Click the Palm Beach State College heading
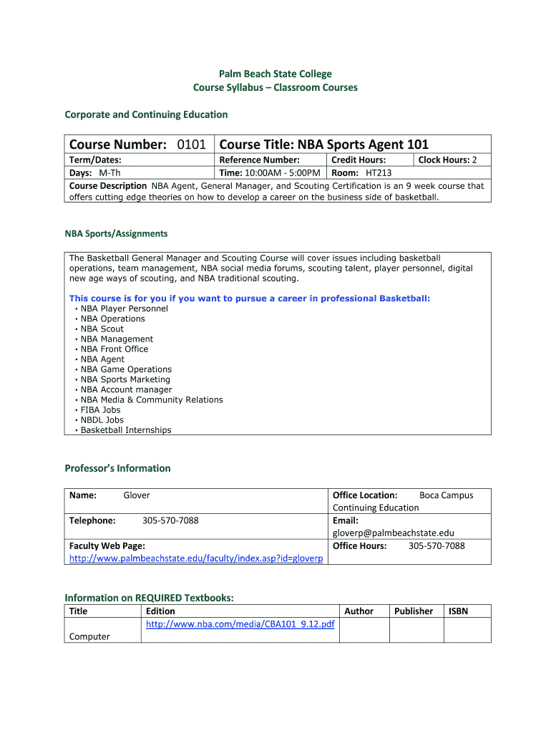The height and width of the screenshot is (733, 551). [x=275, y=74]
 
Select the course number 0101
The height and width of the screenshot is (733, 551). [x=192, y=145]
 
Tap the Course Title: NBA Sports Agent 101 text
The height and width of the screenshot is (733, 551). [x=324, y=145]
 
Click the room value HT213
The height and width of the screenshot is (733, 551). [x=379, y=173]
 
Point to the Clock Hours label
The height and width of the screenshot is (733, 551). [x=443, y=160]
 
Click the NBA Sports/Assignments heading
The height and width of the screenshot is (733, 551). [x=116, y=233]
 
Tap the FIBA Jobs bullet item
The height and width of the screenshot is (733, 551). [x=100, y=410]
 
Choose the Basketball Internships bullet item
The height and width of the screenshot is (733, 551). [x=126, y=430]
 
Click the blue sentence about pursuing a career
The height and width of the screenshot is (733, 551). [x=250, y=298]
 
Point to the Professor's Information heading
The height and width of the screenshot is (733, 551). [x=117, y=468]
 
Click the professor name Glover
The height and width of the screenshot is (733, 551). [x=137, y=495]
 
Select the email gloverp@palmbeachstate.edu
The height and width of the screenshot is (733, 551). [x=393, y=533]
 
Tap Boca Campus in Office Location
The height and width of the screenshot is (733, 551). [x=446, y=495]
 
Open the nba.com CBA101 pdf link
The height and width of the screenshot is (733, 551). [x=240, y=624]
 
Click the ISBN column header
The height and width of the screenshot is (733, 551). [x=458, y=611]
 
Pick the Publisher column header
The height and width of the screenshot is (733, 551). [x=414, y=611]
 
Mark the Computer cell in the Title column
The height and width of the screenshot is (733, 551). [x=89, y=636]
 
